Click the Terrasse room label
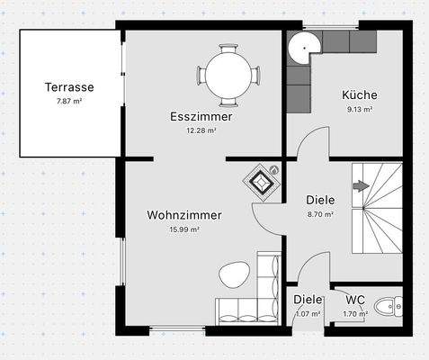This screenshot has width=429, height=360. [x=69, y=87]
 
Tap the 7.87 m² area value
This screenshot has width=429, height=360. [x=69, y=102]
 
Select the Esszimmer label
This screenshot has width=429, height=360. [x=201, y=117]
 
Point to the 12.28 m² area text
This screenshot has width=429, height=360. [x=201, y=130]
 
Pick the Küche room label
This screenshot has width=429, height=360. [x=359, y=94]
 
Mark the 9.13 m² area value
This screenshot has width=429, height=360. [x=359, y=109]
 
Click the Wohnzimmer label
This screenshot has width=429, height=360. [x=184, y=215]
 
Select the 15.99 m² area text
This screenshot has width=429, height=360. [x=184, y=229]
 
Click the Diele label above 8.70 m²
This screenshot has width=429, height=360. [x=320, y=201]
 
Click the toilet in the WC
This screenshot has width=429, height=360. [x=389, y=307]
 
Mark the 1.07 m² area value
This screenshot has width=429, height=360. [x=308, y=314]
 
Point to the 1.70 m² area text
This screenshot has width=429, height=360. [x=354, y=314]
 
